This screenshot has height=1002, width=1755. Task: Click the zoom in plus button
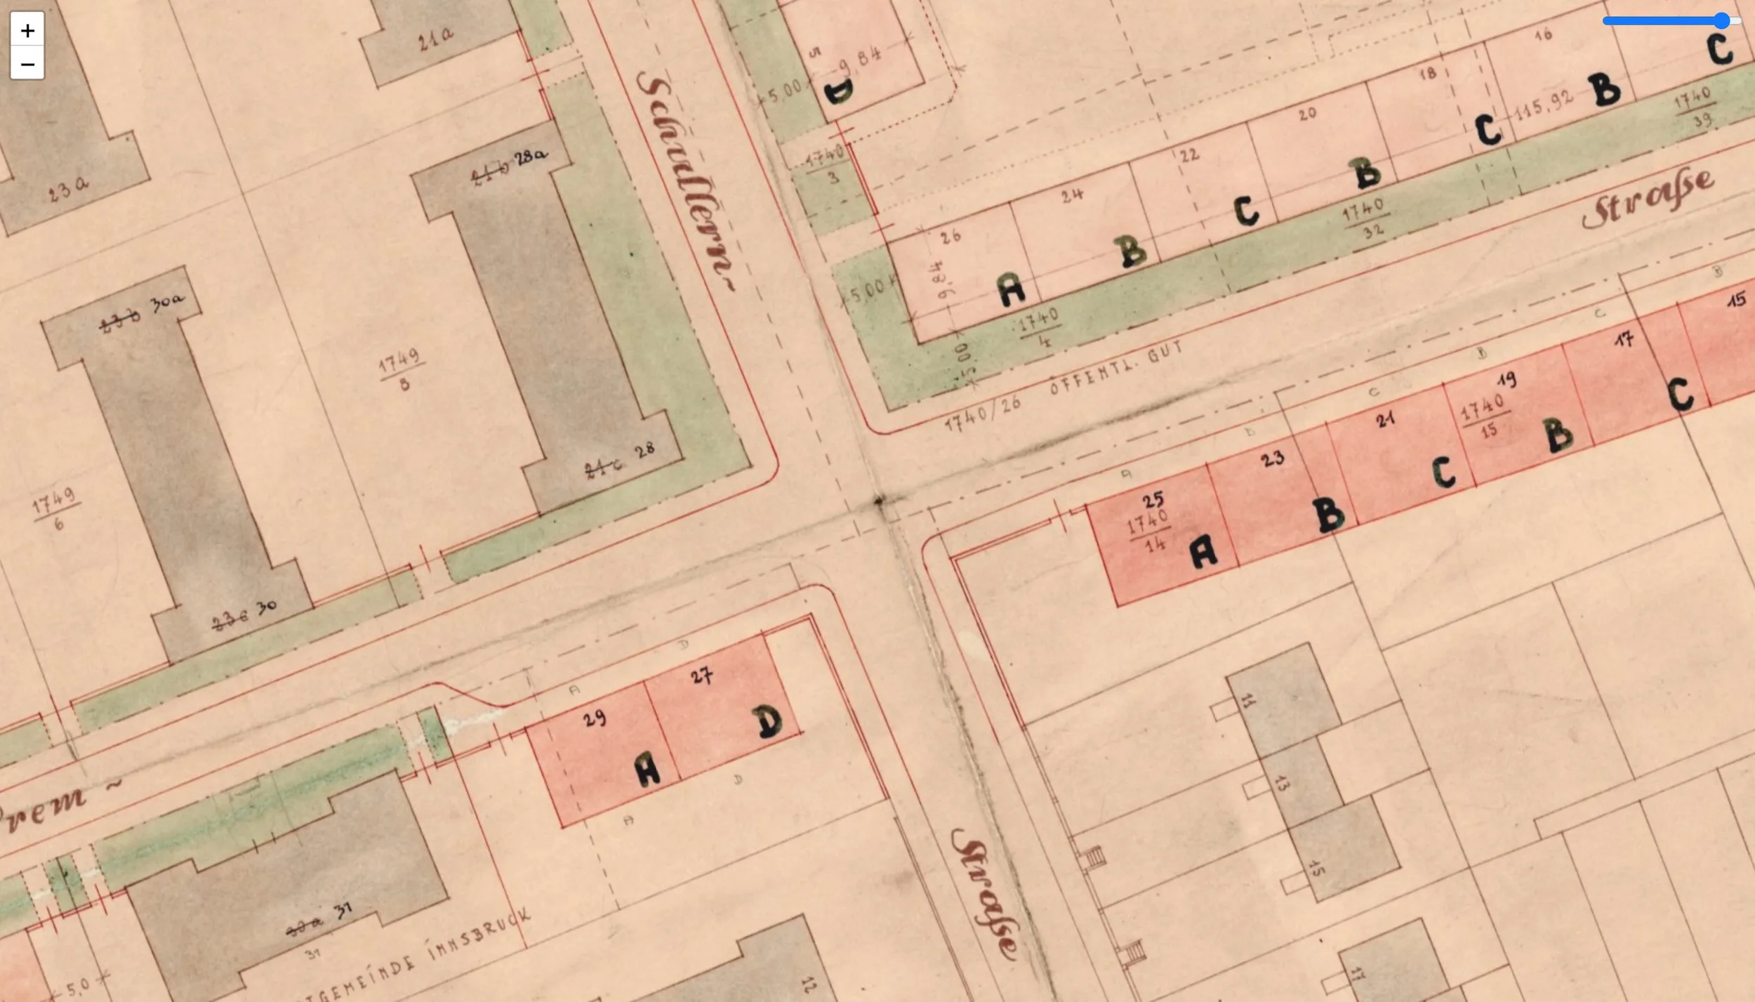click(x=27, y=30)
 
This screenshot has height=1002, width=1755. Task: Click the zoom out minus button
click(x=27, y=64)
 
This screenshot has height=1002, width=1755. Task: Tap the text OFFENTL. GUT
click(x=1115, y=367)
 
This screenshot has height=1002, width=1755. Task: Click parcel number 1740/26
click(x=982, y=414)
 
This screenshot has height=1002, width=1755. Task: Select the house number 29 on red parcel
click(x=594, y=718)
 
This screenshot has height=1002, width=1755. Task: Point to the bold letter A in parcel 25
click(x=1203, y=551)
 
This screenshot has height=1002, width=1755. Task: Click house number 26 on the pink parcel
click(x=951, y=237)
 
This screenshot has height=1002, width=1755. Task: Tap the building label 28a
click(x=531, y=157)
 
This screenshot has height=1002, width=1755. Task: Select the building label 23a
click(x=69, y=188)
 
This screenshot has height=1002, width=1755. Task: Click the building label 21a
click(x=436, y=39)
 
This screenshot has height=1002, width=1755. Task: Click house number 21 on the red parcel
click(x=1385, y=420)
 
